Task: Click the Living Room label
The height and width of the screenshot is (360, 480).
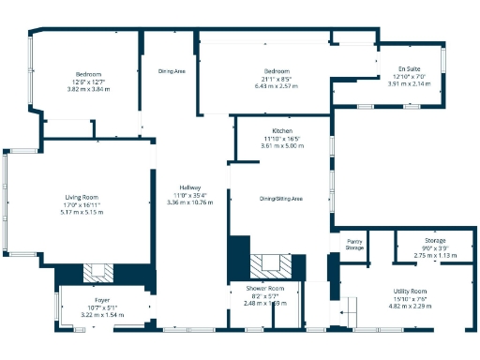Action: click(x=81, y=197)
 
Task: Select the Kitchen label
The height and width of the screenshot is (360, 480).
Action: click(x=283, y=130)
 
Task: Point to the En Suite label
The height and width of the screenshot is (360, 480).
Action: click(x=409, y=68)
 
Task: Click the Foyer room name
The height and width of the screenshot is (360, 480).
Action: click(x=101, y=301)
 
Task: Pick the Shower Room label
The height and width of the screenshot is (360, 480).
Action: click(x=265, y=288)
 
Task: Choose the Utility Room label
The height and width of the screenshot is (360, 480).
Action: click(x=409, y=292)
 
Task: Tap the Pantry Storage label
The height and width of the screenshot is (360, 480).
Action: click(x=354, y=246)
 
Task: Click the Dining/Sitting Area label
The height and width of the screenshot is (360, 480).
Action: click(x=281, y=199)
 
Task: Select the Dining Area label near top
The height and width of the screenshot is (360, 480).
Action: click(x=172, y=70)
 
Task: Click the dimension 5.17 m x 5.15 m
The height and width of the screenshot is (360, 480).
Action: click(x=81, y=213)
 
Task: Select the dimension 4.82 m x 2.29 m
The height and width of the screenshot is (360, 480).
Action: click(x=409, y=307)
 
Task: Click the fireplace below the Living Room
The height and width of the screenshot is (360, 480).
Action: click(x=97, y=273)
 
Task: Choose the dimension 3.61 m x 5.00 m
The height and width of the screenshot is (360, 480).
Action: click(x=283, y=145)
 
